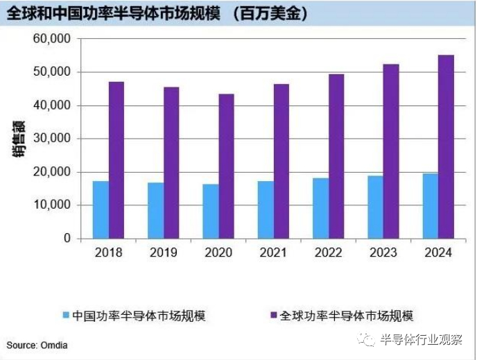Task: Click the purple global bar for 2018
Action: [116, 160]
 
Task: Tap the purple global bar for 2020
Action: [226, 166]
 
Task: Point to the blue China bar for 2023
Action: [375, 207]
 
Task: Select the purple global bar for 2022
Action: [336, 156]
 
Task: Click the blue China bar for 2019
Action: [155, 210]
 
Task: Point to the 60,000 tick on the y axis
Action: [52, 39]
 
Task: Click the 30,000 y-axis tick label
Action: [52, 139]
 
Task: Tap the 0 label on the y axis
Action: [67, 238]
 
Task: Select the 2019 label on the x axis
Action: [163, 253]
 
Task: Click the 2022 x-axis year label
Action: [328, 253]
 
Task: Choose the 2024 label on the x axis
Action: [437, 253]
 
